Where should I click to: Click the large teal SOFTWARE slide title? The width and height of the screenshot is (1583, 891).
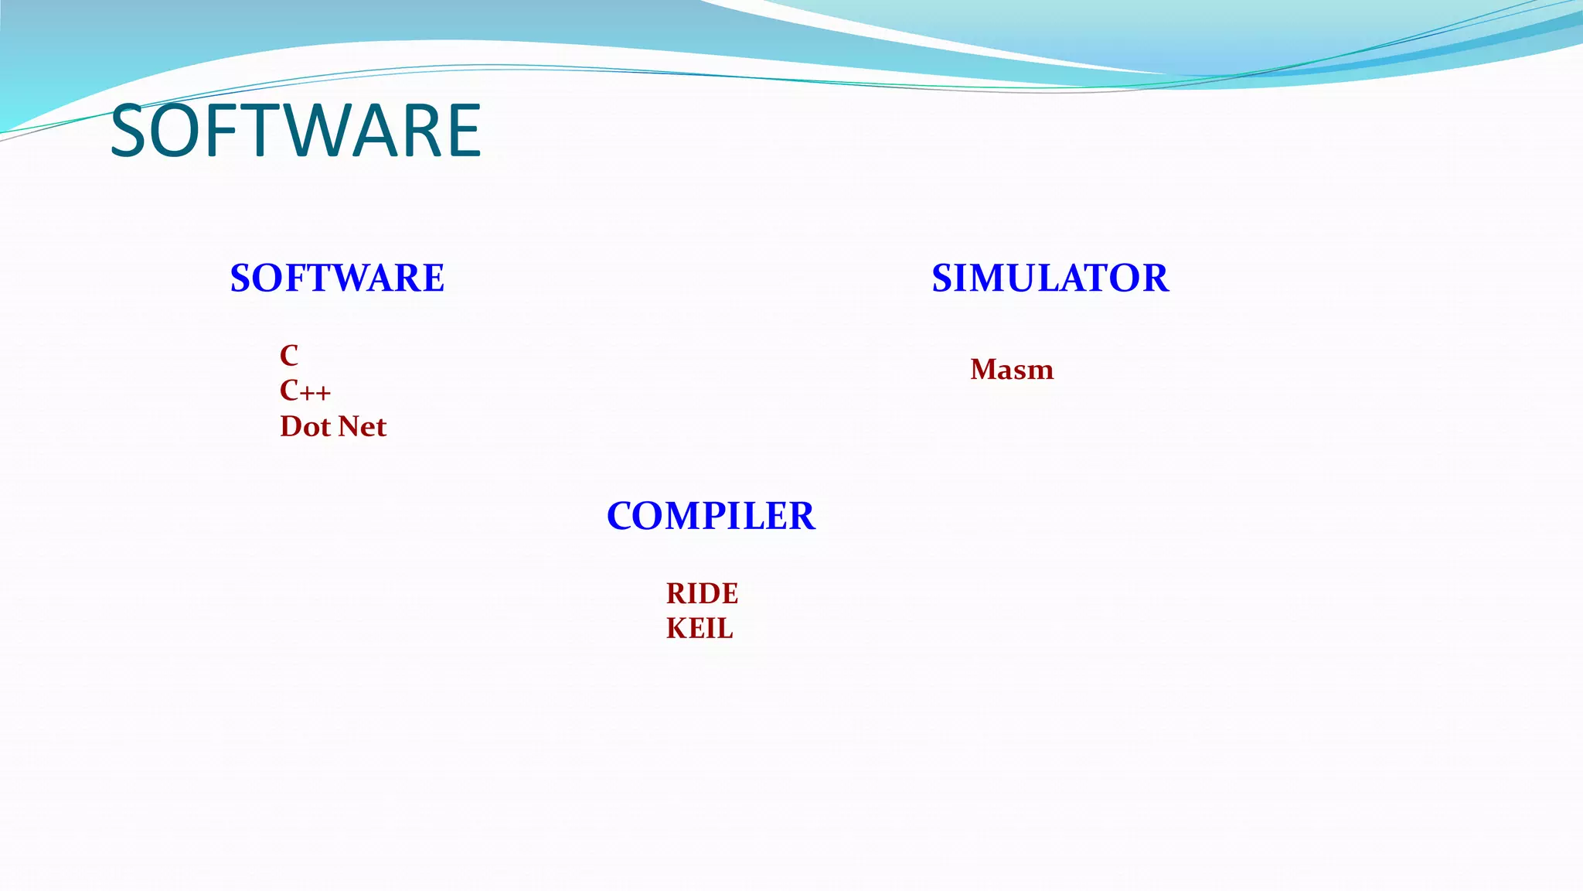coord(296,131)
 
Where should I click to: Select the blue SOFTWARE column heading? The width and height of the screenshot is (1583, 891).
coord(337,278)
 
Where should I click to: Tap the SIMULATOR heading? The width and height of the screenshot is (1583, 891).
coord(1050,278)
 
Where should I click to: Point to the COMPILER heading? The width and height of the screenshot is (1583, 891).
coord(710,516)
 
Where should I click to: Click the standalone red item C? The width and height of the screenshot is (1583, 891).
coord(289,356)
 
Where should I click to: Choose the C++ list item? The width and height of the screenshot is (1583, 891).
coord(305,391)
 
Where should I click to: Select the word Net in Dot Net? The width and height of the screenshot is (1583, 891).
coord(363,427)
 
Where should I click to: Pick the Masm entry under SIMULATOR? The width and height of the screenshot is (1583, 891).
coord(1012,370)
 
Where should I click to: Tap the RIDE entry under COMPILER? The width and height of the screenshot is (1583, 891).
coord(702,594)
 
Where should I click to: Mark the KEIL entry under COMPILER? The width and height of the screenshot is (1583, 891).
coord(700,629)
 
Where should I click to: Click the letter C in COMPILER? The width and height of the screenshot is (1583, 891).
coord(621,516)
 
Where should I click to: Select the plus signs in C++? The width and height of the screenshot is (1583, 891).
coord(316,393)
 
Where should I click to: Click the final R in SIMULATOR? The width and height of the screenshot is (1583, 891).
coord(1155,278)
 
